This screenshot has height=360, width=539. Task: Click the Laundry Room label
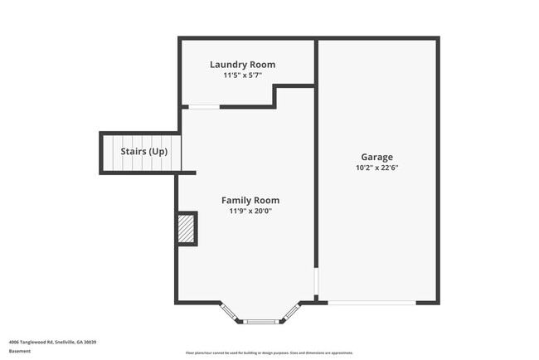click(x=242, y=65)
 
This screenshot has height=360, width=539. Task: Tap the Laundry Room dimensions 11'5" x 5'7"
click(x=242, y=75)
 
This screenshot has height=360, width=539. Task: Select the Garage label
click(x=376, y=157)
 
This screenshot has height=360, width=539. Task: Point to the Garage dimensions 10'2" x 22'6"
click(x=376, y=168)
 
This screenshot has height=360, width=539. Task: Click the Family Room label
click(x=250, y=200)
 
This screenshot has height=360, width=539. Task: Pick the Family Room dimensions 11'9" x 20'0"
click(x=250, y=211)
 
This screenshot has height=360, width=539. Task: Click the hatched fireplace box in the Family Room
click(x=186, y=229)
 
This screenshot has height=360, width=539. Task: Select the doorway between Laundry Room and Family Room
click(x=204, y=106)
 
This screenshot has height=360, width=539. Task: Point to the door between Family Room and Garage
click(x=315, y=282)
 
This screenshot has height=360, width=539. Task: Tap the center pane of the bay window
click(x=260, y=321)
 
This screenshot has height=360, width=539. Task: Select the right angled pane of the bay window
click(x=290, y=312)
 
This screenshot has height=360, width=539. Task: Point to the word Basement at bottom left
click(x=19, y=350)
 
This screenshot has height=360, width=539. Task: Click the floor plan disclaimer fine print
click(x=269, y=353)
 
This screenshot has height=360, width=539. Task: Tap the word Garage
click(x=376, y=157)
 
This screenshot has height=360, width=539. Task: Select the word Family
click(x=236, y=200)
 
